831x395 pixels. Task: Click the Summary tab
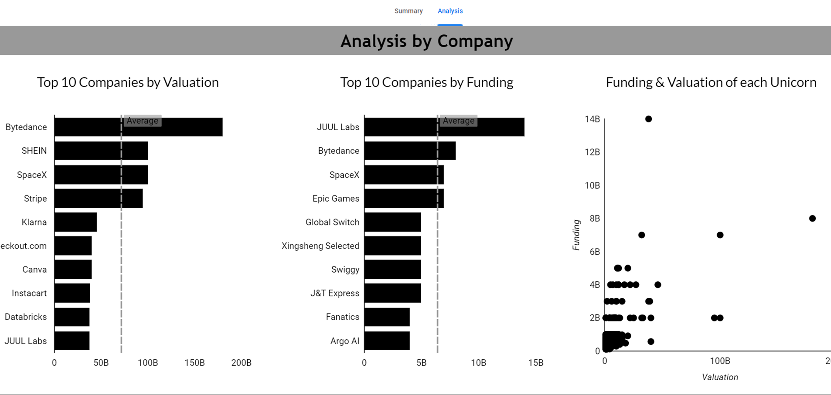click(408, 11)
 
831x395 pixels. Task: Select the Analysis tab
click(450, 11)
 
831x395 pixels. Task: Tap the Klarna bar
click(75, 222)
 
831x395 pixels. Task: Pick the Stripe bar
click(98, 199)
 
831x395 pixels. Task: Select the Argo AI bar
click(387, 341)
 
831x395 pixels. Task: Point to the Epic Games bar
click(404, 199)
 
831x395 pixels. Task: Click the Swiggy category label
click(345, 270)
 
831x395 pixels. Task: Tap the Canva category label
click(34, 270)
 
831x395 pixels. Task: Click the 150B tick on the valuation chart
click(194, 363)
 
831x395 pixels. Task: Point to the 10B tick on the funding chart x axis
click(478, 363)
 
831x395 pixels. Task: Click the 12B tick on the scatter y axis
click(592, 152)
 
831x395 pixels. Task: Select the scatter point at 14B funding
click(648, 119)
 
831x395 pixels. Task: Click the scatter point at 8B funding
click(812, 219)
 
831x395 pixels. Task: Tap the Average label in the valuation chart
click(143, 121)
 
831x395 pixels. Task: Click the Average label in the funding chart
click(458, 121)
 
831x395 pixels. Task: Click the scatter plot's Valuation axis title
click(720, 377)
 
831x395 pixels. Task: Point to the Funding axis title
click(576, 235)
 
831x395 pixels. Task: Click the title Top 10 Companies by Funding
click(426, 82)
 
